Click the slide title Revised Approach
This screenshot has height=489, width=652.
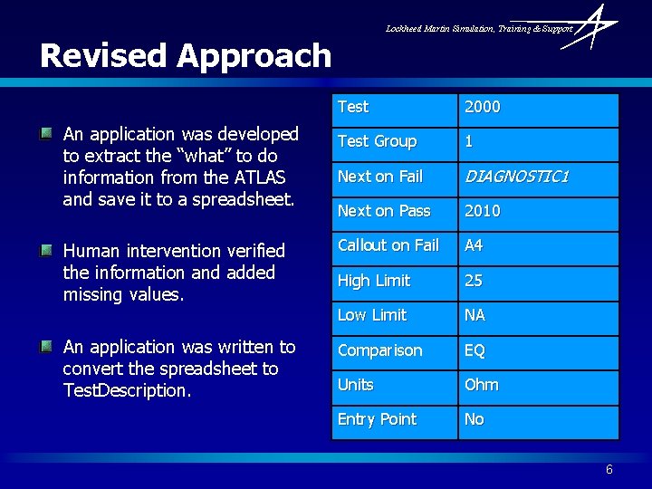pyautogui.click(x=186, y=56)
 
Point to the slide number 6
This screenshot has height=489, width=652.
pyautogui.click(x=609, y=469)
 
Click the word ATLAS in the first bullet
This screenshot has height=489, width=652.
pyautogui.click(x=260, y=177)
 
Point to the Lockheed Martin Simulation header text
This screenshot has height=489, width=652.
pyautogui.click(x=479, y=29)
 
